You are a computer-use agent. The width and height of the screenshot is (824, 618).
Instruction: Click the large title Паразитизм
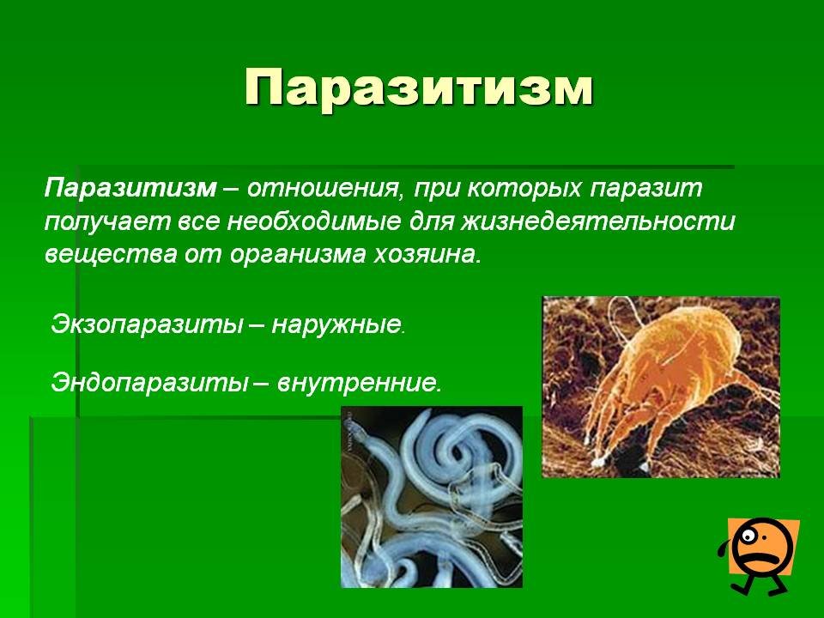(419, 88)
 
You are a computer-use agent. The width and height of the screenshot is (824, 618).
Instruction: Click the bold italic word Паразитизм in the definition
(130, 188)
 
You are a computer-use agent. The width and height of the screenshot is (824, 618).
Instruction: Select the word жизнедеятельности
(597, 221)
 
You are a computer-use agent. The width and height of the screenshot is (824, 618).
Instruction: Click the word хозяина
(427, 255)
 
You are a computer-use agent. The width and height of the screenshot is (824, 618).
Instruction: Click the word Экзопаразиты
(147, 324)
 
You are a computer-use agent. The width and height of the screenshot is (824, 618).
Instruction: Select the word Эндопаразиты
(149, 383)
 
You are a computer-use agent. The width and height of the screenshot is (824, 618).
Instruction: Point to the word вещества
(112, 256)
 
